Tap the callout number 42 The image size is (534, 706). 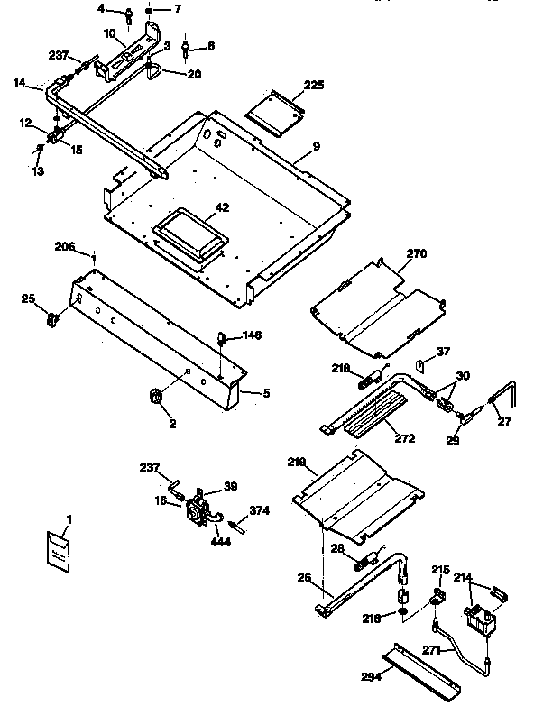[x=222, y=207]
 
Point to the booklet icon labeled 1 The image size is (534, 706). [x=59, y=549]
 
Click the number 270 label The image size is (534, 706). [x=416, y=253]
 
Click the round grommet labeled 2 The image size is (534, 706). [x=154, y=394]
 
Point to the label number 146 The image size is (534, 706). [x=252, y=335]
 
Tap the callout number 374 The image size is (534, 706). [x=259, y=510]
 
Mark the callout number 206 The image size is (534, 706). [x=65, y=245]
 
